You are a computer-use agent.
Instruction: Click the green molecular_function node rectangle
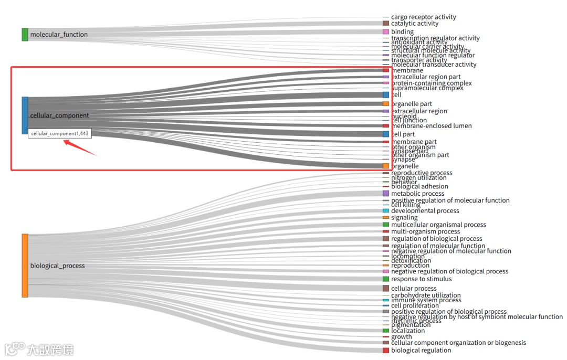point(25,35)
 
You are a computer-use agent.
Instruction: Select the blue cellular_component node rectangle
point(25,115)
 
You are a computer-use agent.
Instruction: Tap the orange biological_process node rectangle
point(25,266)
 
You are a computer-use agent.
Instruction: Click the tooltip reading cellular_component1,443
point(60,134)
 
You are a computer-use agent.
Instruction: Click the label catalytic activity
point(414,24)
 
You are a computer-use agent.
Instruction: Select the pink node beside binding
point(386,32)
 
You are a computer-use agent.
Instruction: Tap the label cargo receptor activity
point(423,17)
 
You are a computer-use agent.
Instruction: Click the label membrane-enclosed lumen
point(431,126)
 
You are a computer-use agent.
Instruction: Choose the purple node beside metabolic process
point(386,194)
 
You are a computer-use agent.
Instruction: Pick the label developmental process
point(425,211)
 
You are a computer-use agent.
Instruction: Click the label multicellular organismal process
point(438,225)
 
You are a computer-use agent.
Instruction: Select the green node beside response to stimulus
point(386,279)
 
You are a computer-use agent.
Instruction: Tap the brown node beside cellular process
point(386,289)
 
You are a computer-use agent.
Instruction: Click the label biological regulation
point(421,351)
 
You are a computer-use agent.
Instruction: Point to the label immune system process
point(426,300)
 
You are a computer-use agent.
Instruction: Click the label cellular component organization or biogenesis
point(458,343)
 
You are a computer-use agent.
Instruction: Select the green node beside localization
point(386,331)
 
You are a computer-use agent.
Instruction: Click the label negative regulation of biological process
point(449,271)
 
